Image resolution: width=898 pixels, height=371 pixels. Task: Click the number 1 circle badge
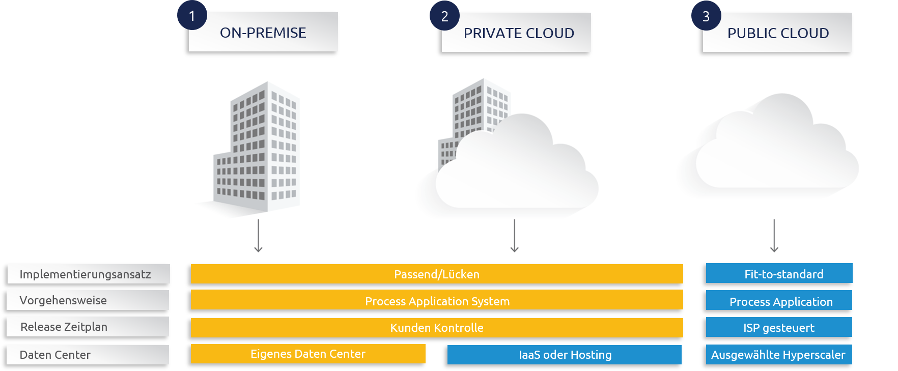192,16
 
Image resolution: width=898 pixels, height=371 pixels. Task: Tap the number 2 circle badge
444,16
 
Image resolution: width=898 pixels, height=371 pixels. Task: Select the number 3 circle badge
706,16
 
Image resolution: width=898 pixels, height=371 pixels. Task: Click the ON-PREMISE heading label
263,33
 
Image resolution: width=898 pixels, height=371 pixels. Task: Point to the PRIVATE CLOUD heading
518,33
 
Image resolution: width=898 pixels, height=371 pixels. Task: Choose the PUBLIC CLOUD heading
778,33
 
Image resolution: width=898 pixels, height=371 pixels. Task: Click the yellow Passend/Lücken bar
437,274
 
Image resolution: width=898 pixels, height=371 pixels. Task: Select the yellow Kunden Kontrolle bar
437,328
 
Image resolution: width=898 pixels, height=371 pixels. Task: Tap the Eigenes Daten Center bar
308,354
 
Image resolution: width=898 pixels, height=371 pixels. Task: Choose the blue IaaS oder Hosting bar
565,355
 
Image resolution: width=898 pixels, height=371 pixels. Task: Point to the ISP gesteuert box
779,327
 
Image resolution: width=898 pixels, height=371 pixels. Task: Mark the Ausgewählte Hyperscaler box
779,355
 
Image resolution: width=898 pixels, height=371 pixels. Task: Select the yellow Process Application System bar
437,300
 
